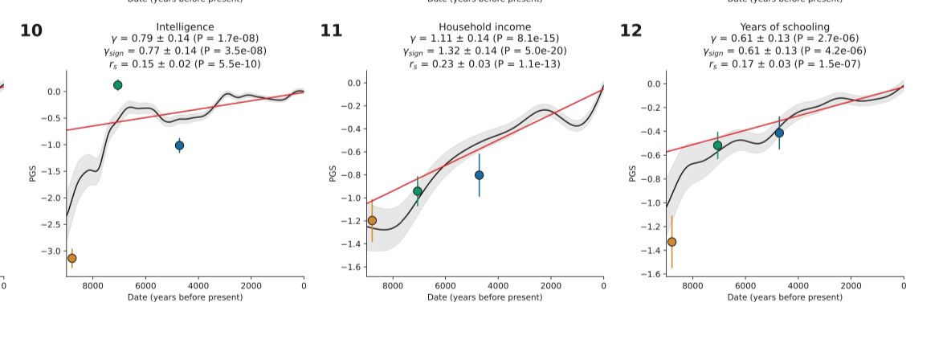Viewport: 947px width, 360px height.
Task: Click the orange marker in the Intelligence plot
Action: point(71,258)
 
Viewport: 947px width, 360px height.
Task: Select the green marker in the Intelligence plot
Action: point(118,85)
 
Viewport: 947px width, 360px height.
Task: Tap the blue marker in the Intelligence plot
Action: point(179,145)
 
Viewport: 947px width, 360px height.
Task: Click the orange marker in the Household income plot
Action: point(372,220)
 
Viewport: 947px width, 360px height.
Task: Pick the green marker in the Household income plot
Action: point(418,191)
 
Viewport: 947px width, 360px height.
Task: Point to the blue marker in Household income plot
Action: point(480,175)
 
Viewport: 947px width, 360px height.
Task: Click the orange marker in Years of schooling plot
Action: point(672,242)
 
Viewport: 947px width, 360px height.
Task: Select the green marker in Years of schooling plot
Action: point(717,145)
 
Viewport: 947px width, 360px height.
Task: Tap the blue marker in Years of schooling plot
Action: point(779,133)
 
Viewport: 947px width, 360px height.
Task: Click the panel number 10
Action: point(31,31)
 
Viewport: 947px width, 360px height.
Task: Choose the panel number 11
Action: point(331,31)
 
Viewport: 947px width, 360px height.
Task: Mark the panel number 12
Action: point(631,31)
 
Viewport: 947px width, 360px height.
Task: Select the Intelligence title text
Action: point(185,27)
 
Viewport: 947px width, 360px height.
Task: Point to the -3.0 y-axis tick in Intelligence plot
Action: point(50,252)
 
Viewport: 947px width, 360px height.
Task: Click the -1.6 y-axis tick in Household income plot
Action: point(350,268)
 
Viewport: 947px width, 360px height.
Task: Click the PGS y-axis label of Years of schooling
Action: point(633,174)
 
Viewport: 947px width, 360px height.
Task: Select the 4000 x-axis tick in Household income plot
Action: point(498,284)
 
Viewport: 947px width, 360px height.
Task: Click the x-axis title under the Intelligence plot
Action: point(185,297)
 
